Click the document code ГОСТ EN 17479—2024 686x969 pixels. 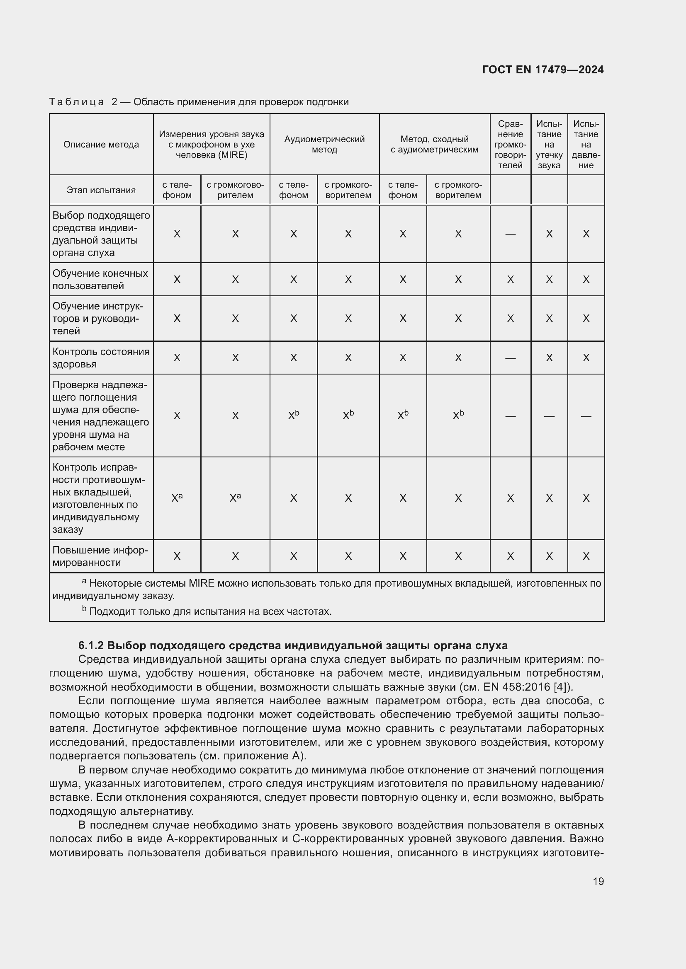tap(543, 70)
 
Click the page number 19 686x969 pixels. tap(598, 881)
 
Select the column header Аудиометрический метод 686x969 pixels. tap(324, 144)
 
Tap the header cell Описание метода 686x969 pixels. tap(101, 144)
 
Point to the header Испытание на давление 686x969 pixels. tap(586, 144)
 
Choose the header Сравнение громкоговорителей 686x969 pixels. tap(510, 144)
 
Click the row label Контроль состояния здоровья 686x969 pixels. tap(101, 358)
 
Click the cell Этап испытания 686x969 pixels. tap(101, 190)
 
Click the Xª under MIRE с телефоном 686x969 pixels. tap(177, 498)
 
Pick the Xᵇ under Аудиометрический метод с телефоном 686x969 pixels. tap(294, 415)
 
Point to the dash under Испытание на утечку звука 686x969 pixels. tap(549, 416)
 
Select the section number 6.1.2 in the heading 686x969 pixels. tap(90, 646)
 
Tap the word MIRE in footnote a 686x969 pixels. tap(201, 584)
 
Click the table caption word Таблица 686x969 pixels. tap(76, 102)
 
